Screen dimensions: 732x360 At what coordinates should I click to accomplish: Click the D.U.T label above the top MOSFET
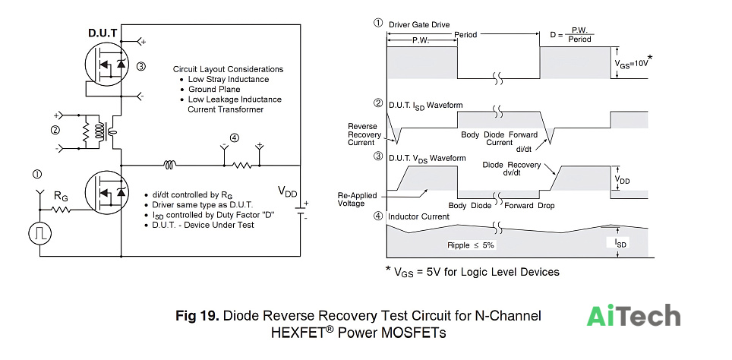103,33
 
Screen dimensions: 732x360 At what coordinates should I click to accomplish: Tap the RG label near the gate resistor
62,195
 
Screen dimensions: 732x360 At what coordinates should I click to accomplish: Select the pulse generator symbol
39,233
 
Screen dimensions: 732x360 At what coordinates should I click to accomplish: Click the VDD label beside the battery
287,191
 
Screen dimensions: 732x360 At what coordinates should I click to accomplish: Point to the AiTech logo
633,316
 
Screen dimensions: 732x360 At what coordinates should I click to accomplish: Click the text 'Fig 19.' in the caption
197,316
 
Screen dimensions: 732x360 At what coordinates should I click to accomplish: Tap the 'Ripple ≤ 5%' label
471,245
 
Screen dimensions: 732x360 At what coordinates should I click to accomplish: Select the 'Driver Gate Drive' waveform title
419,24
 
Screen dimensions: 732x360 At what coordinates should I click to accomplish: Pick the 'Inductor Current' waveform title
418,216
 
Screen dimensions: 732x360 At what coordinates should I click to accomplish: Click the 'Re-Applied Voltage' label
357,200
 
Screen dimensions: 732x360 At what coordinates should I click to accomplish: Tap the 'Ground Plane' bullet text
214,89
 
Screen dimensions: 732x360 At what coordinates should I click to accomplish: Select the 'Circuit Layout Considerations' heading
229,69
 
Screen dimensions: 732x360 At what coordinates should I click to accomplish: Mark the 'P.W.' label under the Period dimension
422,40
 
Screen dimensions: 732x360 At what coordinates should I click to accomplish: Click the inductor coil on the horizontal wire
169,164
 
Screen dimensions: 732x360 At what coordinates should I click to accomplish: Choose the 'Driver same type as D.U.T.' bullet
203,205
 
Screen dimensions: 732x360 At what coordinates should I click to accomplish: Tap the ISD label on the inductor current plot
621,243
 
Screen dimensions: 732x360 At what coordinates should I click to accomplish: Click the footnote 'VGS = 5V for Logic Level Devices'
472,272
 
